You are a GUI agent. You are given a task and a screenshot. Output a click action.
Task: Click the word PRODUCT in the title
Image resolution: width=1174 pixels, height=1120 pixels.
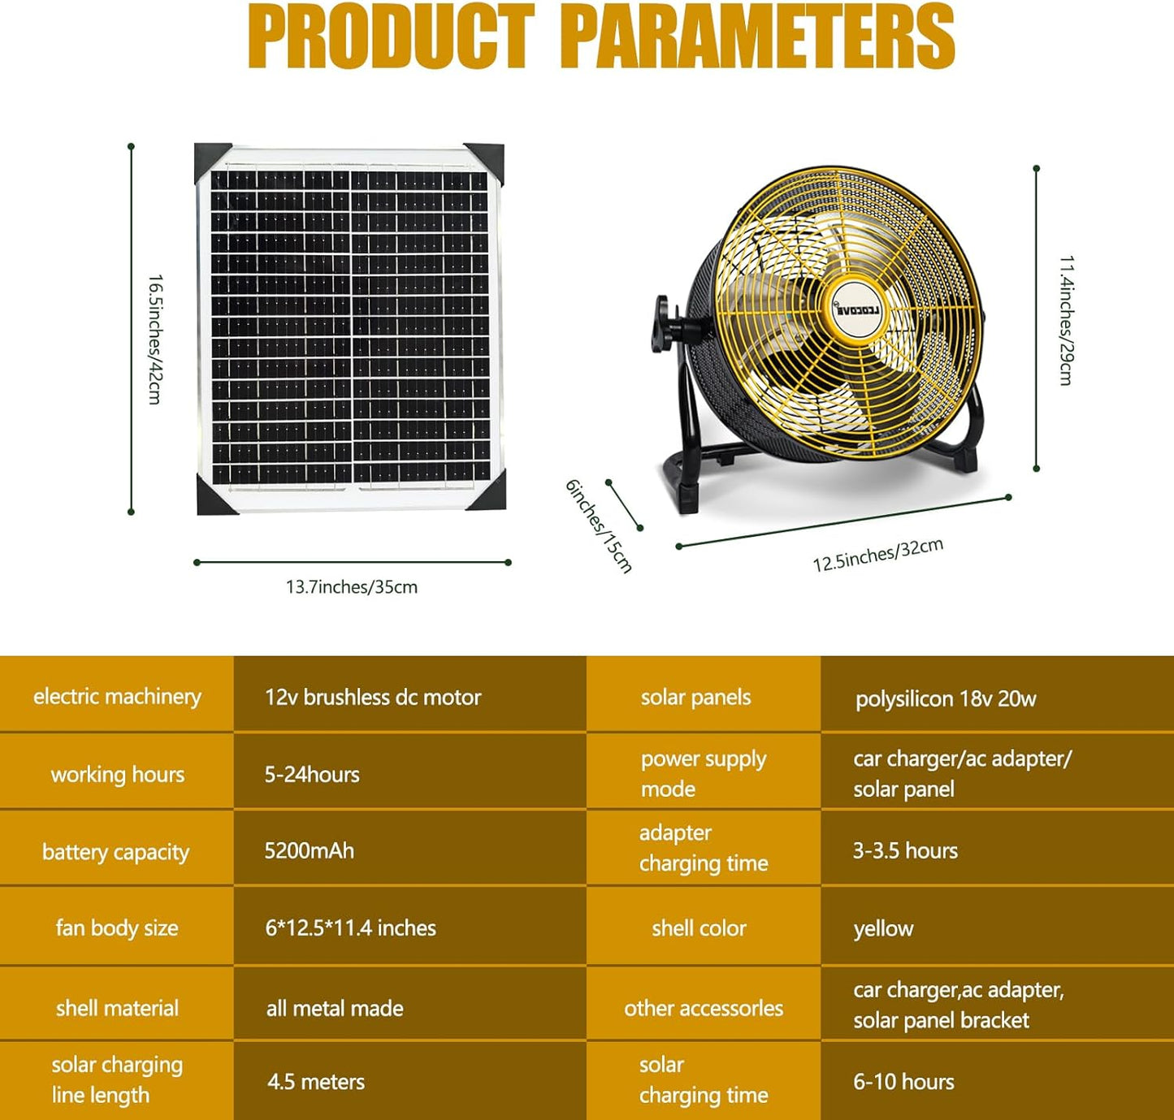click(x=391, y=37)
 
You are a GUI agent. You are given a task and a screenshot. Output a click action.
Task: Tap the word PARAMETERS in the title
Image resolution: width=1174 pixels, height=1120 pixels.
click(x=757, y=37)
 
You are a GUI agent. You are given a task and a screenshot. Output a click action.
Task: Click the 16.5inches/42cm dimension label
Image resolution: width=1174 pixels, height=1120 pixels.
click(x=154, y=339)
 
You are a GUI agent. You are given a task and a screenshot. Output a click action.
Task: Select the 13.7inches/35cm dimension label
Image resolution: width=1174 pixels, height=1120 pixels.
click(x=352, y=586)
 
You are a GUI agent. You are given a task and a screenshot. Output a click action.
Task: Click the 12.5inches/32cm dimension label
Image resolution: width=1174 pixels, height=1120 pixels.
click(x=877, y=555)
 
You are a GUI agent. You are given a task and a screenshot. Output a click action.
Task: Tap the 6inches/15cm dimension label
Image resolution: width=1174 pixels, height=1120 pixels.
click(x=599, y=526)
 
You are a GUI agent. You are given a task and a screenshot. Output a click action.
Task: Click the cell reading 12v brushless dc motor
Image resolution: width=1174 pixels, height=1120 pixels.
click(x=373, y=697)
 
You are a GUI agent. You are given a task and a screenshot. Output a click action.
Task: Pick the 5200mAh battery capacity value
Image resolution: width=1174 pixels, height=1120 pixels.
click(x=310, y=850)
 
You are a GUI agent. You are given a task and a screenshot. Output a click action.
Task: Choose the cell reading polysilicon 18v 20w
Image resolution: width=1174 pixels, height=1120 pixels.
click(x=946, y=698)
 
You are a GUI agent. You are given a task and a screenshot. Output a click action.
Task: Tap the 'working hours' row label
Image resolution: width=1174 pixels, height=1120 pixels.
click(x=118, y=774)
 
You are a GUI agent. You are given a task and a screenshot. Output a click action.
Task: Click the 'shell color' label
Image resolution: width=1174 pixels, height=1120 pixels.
click(x=699, y=928)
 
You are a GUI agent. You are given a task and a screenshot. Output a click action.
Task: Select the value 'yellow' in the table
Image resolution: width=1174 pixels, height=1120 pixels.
click(x=883, y=928)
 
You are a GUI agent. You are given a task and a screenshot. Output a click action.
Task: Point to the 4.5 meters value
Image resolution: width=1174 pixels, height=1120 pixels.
click(x=316, y=1082)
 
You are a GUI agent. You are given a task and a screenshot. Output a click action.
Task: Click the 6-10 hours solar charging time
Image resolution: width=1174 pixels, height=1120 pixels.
click(x=903, y=1082)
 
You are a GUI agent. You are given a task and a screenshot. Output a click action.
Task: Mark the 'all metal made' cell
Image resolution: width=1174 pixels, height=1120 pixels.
click(x=335, y=1008)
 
